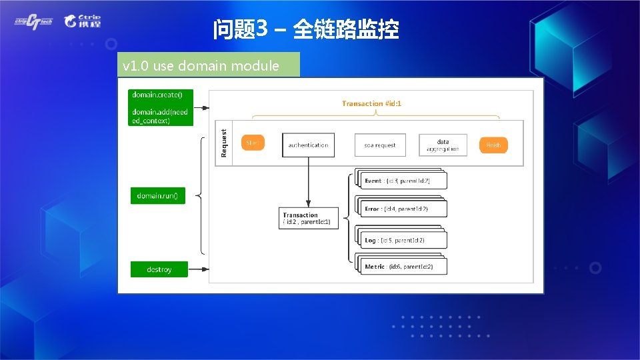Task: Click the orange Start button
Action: coord(253,143)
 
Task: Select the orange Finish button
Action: coord(493,145)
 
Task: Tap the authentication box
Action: coord(308,145)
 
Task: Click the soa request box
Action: coord(379,145)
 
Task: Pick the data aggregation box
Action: coord(443,145)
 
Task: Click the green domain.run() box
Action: coord(157,196)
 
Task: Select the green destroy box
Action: coord(159,269)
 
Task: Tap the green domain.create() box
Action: coord(160,107)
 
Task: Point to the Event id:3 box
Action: coord(403,181)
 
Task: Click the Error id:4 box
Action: coord(403,209)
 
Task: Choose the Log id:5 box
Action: coord(403,240)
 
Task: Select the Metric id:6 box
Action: coord(403,267)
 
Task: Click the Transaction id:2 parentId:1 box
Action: coord(308,218)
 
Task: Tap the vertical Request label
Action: coord(224,143)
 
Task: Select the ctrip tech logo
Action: coord(33,21)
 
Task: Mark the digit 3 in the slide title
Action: coord(261,29)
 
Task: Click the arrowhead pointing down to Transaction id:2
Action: coord(308,204)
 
